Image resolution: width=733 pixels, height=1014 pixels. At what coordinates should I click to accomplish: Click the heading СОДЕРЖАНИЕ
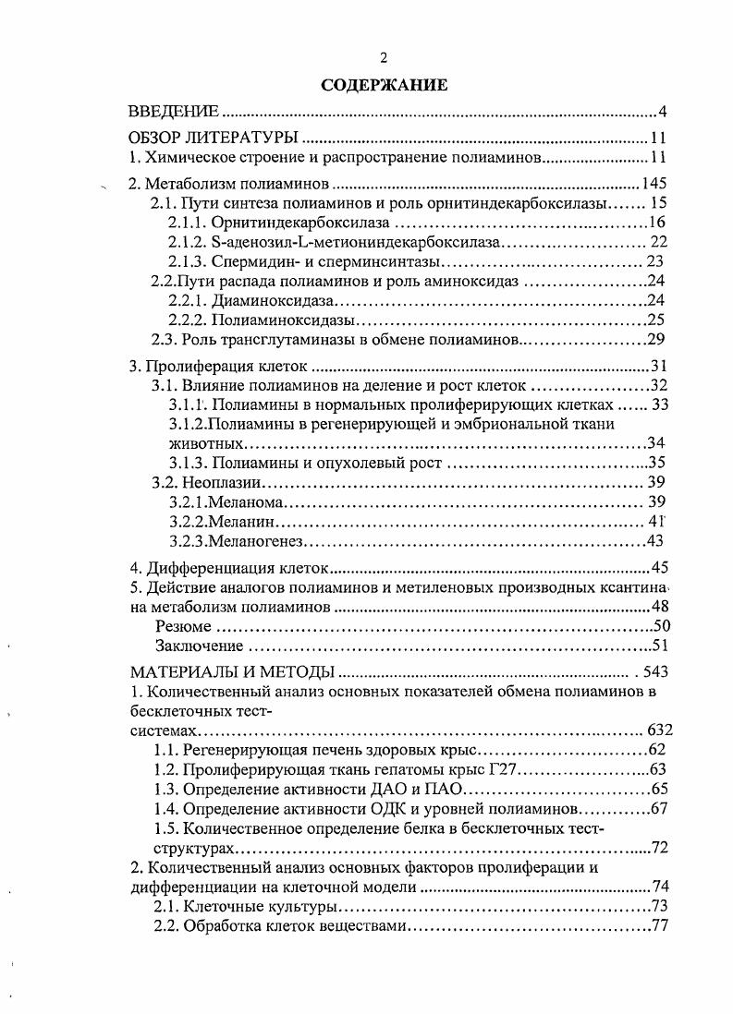coord(384,85)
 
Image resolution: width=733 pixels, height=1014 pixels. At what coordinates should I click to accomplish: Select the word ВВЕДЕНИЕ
coord(173,113)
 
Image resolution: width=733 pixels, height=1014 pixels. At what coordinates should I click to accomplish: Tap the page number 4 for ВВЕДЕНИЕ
coord(663,113)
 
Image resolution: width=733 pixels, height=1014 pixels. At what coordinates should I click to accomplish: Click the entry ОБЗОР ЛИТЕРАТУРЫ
coord(213,139)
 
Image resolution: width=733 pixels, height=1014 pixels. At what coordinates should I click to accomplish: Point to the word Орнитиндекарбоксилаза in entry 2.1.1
coord(300,223)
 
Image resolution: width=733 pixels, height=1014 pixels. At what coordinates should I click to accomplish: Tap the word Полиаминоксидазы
coord(284,320)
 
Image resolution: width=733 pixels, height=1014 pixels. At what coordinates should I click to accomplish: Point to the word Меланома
coord(246,501)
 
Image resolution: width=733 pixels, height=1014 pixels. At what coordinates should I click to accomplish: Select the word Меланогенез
coord(257,540)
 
